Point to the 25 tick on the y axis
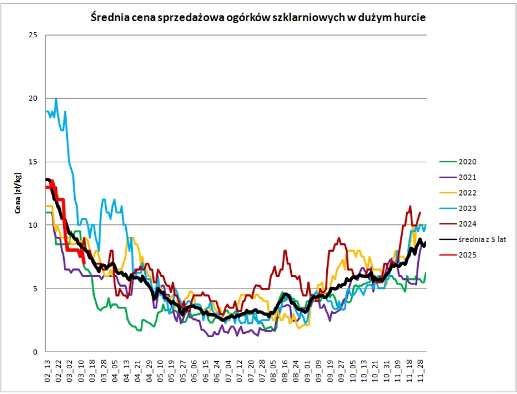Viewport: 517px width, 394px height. click(33, 35)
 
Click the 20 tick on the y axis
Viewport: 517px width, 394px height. click(33, 98)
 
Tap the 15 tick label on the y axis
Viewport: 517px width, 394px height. click(33, 162)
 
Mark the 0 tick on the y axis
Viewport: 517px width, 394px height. click(35, 352)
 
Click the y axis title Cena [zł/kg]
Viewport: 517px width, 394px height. click(18, 193)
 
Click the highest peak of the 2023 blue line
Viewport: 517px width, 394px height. click(56, 99)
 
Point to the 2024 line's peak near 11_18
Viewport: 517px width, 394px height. click(410, 206)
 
